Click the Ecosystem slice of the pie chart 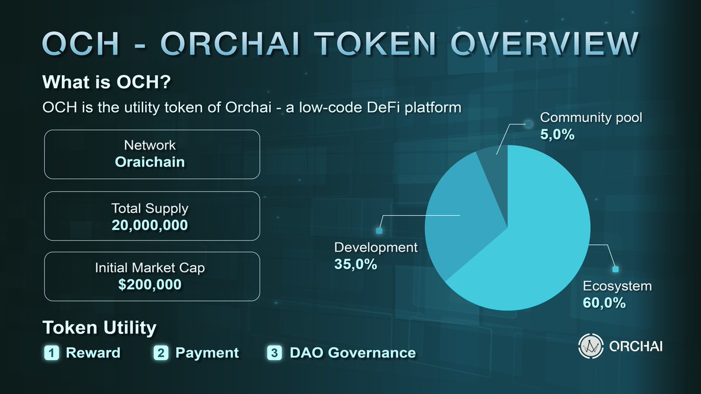543,245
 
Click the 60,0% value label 604,303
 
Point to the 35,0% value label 355,264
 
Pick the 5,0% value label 557,135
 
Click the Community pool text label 591,118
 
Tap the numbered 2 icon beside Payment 161,353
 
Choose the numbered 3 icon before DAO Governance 275,353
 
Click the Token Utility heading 99,327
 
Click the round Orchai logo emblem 589,346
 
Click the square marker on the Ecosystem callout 615,270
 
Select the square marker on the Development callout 379,231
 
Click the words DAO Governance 352,353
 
